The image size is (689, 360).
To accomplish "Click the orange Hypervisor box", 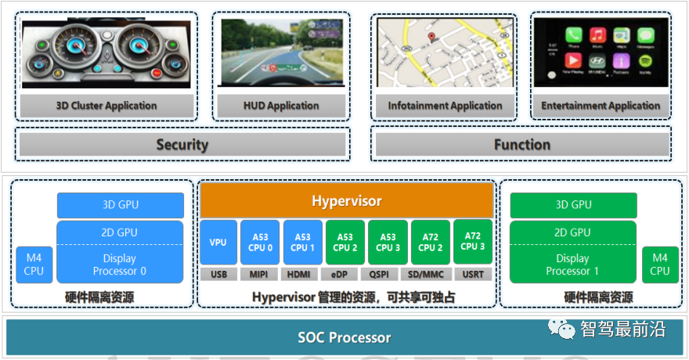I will (x=346, y=201).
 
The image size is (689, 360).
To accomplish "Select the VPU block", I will (x=218, y=243).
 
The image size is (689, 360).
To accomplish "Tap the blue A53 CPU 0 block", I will (x=260, y=243).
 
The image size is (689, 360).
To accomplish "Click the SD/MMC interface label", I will (x=427, y=274).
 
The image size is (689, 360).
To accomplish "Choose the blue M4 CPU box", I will (x=34, y=265).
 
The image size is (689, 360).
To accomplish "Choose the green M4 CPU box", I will (x=660, y=265).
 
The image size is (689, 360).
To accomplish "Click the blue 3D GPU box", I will (x=120, y=205).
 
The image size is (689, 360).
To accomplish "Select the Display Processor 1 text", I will (x=572, y=265).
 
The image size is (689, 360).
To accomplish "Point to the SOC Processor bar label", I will (x=344, y=338).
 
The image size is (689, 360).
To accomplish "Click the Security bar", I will (x=182, y=144).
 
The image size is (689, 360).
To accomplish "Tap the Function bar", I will (x=522, y=144).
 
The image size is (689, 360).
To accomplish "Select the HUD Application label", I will (x=281, y=106).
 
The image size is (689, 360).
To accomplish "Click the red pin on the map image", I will (x=431, y=38).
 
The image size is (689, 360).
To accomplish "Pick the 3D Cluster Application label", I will (x=106, y=106).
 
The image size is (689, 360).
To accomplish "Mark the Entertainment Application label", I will (x=601, y=106).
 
